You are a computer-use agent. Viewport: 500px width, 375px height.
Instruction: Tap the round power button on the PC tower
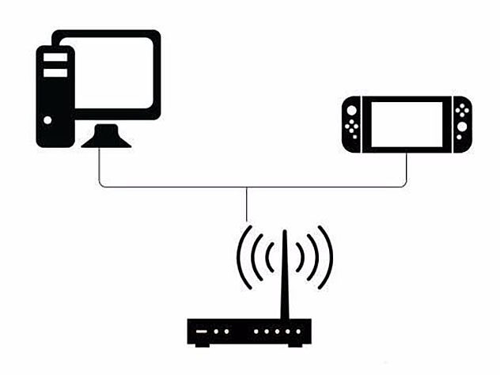click(48, 120)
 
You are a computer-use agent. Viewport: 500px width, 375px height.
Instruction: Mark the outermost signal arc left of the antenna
click(241, 257)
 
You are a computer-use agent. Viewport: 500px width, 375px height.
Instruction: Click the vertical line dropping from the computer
click(99, 168)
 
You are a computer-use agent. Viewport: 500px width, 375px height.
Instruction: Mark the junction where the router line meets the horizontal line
click(248, 187)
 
